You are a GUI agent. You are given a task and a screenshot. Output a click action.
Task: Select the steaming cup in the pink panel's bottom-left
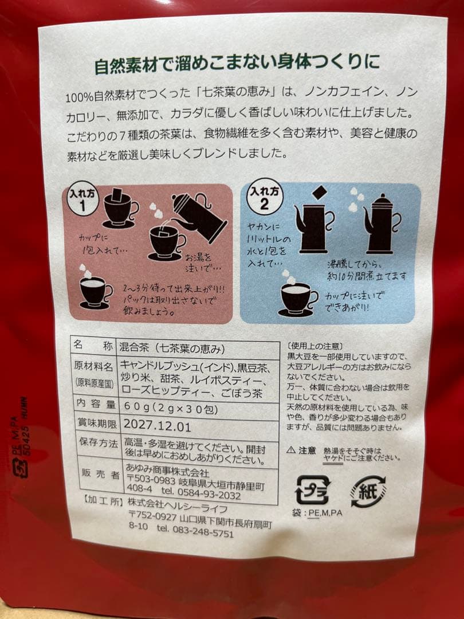(96, 292)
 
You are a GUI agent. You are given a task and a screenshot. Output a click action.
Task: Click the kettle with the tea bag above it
(314, 224)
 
